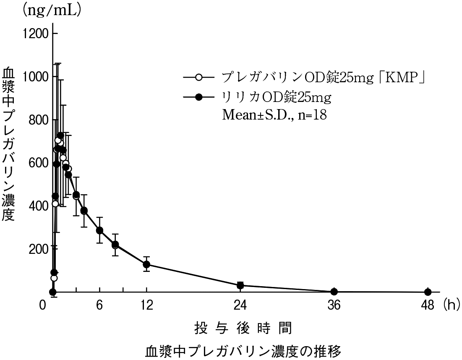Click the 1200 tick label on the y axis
pyautogui.click(x=37, y=34)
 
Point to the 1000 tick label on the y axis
pyautogui.click(x=37, y=77)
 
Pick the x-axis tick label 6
pyautogui.click(x=99, y=305)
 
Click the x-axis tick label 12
pyautogui.click(x=146, y=305)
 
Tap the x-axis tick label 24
pyautogui.click(x=240, y=305)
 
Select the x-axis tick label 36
pyautogui.click(x=334, y=305)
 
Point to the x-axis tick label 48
pyautogui.click(x=428, y=305)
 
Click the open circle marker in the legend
pyautogui.click(x=199, y=77)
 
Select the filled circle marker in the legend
pyautogui.click(x=199, y=97)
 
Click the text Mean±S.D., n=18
pyautogui.click(x=274, y=115)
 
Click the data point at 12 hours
pyautogui.click(x=146, y=264)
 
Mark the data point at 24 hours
pyautogui.click(x=240, y=285)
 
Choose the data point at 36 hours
pyautogui.click(x=334, y=292)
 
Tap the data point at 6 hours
pyautogui.click(x=99, y=230)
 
